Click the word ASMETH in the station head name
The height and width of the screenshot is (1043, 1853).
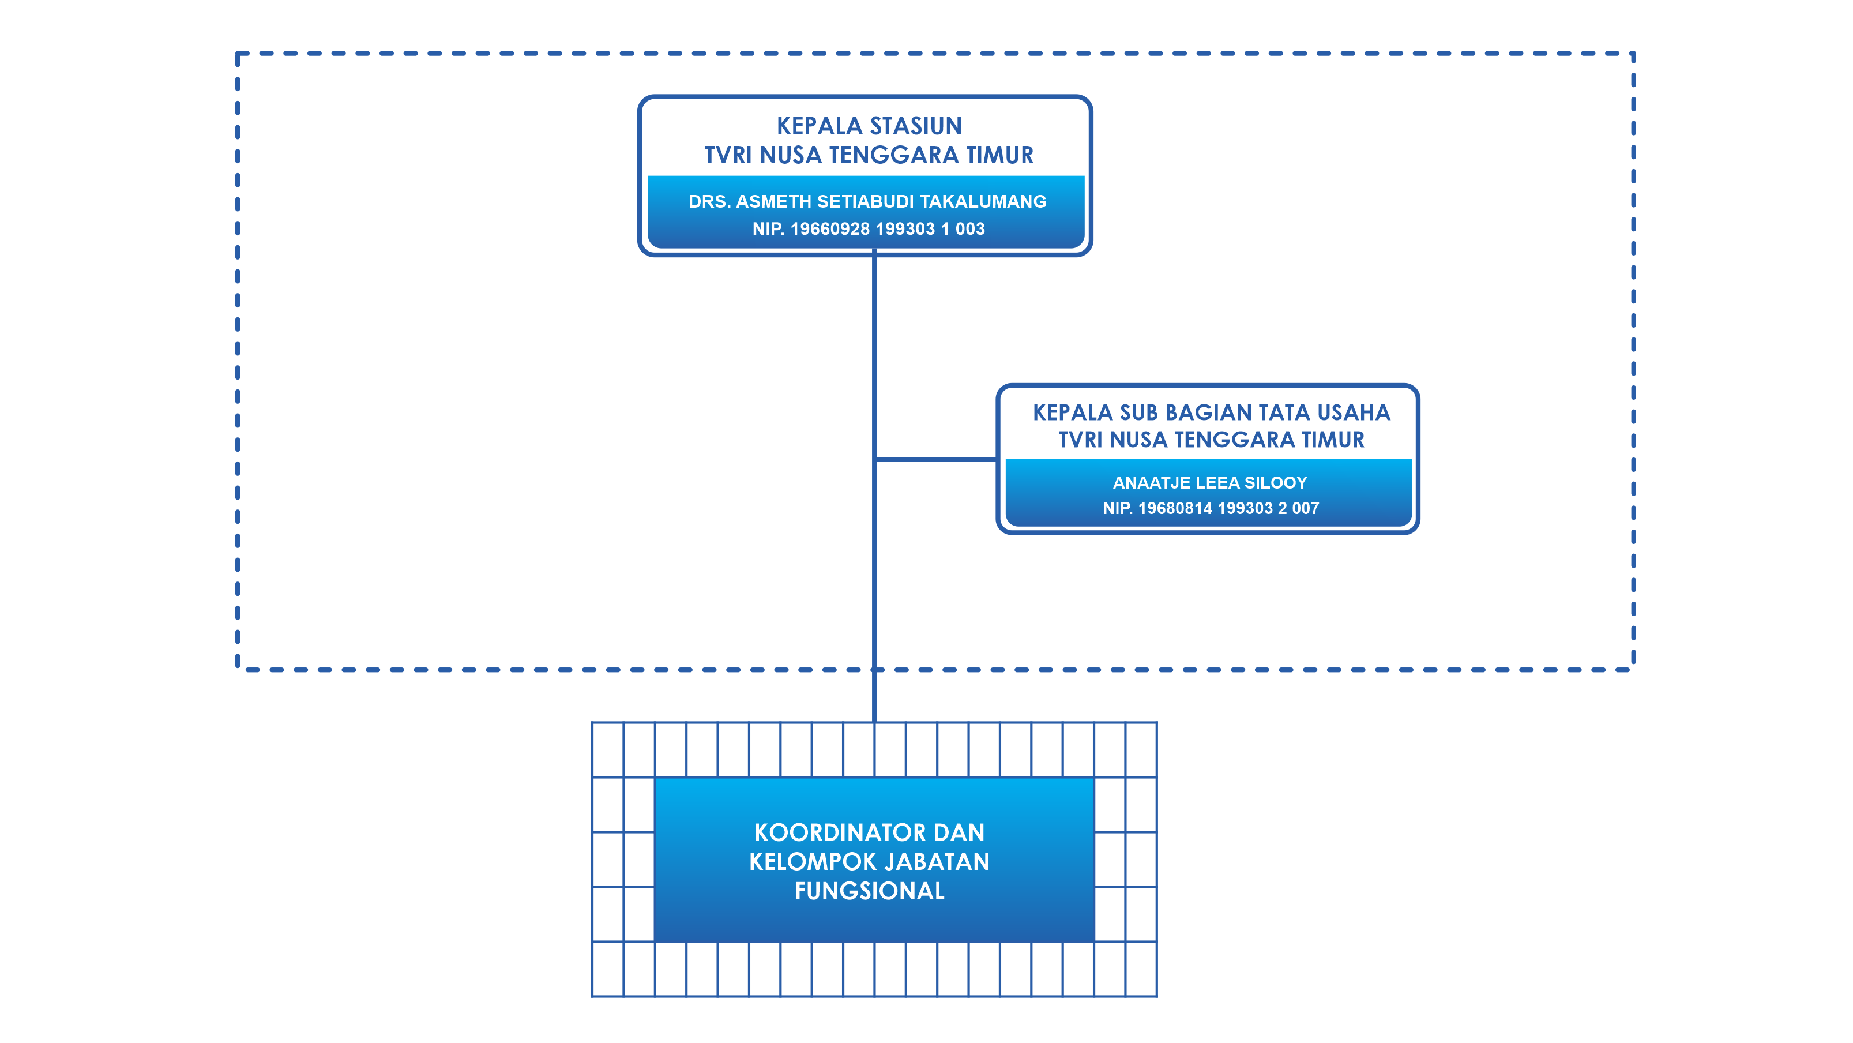pyautogui.click(x=773, y=201)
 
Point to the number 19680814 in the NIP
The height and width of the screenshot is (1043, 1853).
pyautogui.click(x=1177, y=509)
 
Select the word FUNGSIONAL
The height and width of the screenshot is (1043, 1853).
pyautogui.click(x=870, y=891)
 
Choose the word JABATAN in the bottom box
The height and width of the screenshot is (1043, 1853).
pyautogui.click(x=937, y=862)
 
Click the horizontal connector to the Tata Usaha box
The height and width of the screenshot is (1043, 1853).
pyautogui.click(x=936, y=459)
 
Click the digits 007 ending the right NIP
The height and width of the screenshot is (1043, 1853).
pyautogui.click(x=1305, y=509)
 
